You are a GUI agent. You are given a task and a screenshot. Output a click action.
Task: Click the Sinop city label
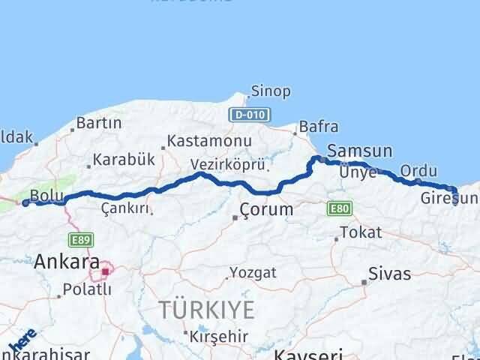271,91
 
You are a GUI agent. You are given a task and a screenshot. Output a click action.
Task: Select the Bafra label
318,127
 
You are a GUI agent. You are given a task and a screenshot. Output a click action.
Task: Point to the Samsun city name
359,151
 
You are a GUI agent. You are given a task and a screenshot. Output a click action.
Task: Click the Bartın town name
103,122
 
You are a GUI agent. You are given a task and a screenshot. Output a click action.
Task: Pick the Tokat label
361,232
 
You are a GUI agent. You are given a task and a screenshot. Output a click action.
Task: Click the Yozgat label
253,271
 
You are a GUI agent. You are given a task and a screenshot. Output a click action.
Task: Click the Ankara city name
66,262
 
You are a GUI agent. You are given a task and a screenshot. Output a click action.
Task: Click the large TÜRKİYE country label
206,309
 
